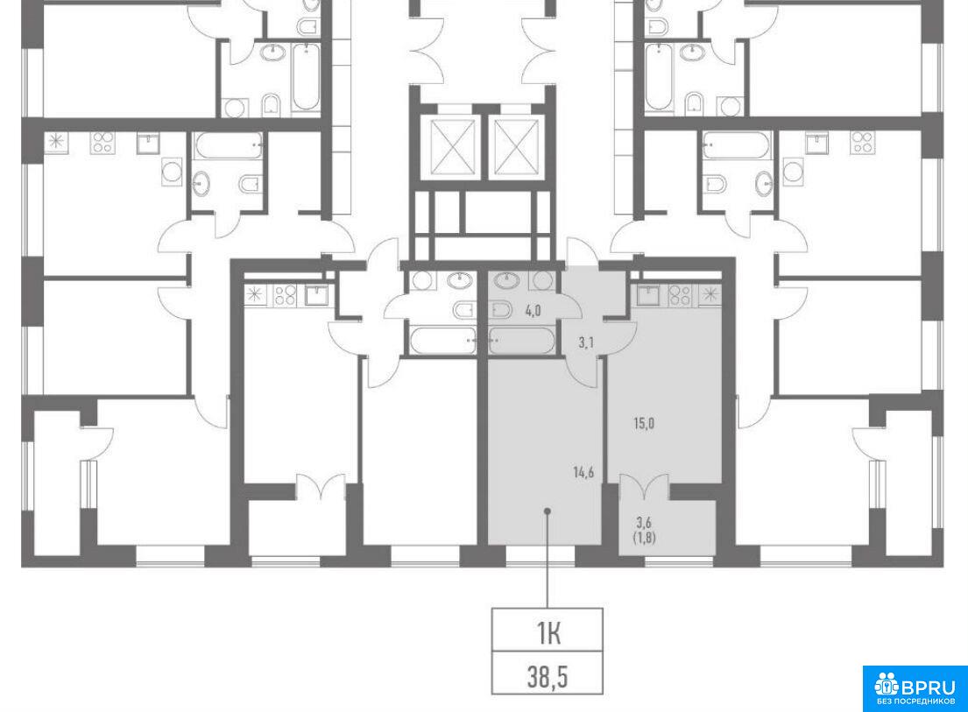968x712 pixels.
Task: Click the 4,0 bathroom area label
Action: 532,310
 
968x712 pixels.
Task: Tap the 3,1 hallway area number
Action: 586,343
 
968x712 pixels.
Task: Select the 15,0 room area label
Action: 643,423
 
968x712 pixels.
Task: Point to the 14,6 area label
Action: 583,473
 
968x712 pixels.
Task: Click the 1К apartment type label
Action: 548,633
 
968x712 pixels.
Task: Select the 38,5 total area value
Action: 548,677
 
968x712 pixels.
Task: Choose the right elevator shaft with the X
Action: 517,147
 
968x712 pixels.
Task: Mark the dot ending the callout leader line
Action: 547,511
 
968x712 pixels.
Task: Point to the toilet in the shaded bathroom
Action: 500,308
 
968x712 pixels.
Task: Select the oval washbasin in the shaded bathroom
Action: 506,281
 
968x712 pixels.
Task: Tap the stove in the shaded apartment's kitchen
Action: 679,294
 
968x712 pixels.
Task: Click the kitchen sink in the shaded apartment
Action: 648,295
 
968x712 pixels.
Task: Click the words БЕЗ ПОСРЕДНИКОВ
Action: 915,701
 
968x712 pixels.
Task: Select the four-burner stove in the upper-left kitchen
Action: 102,143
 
